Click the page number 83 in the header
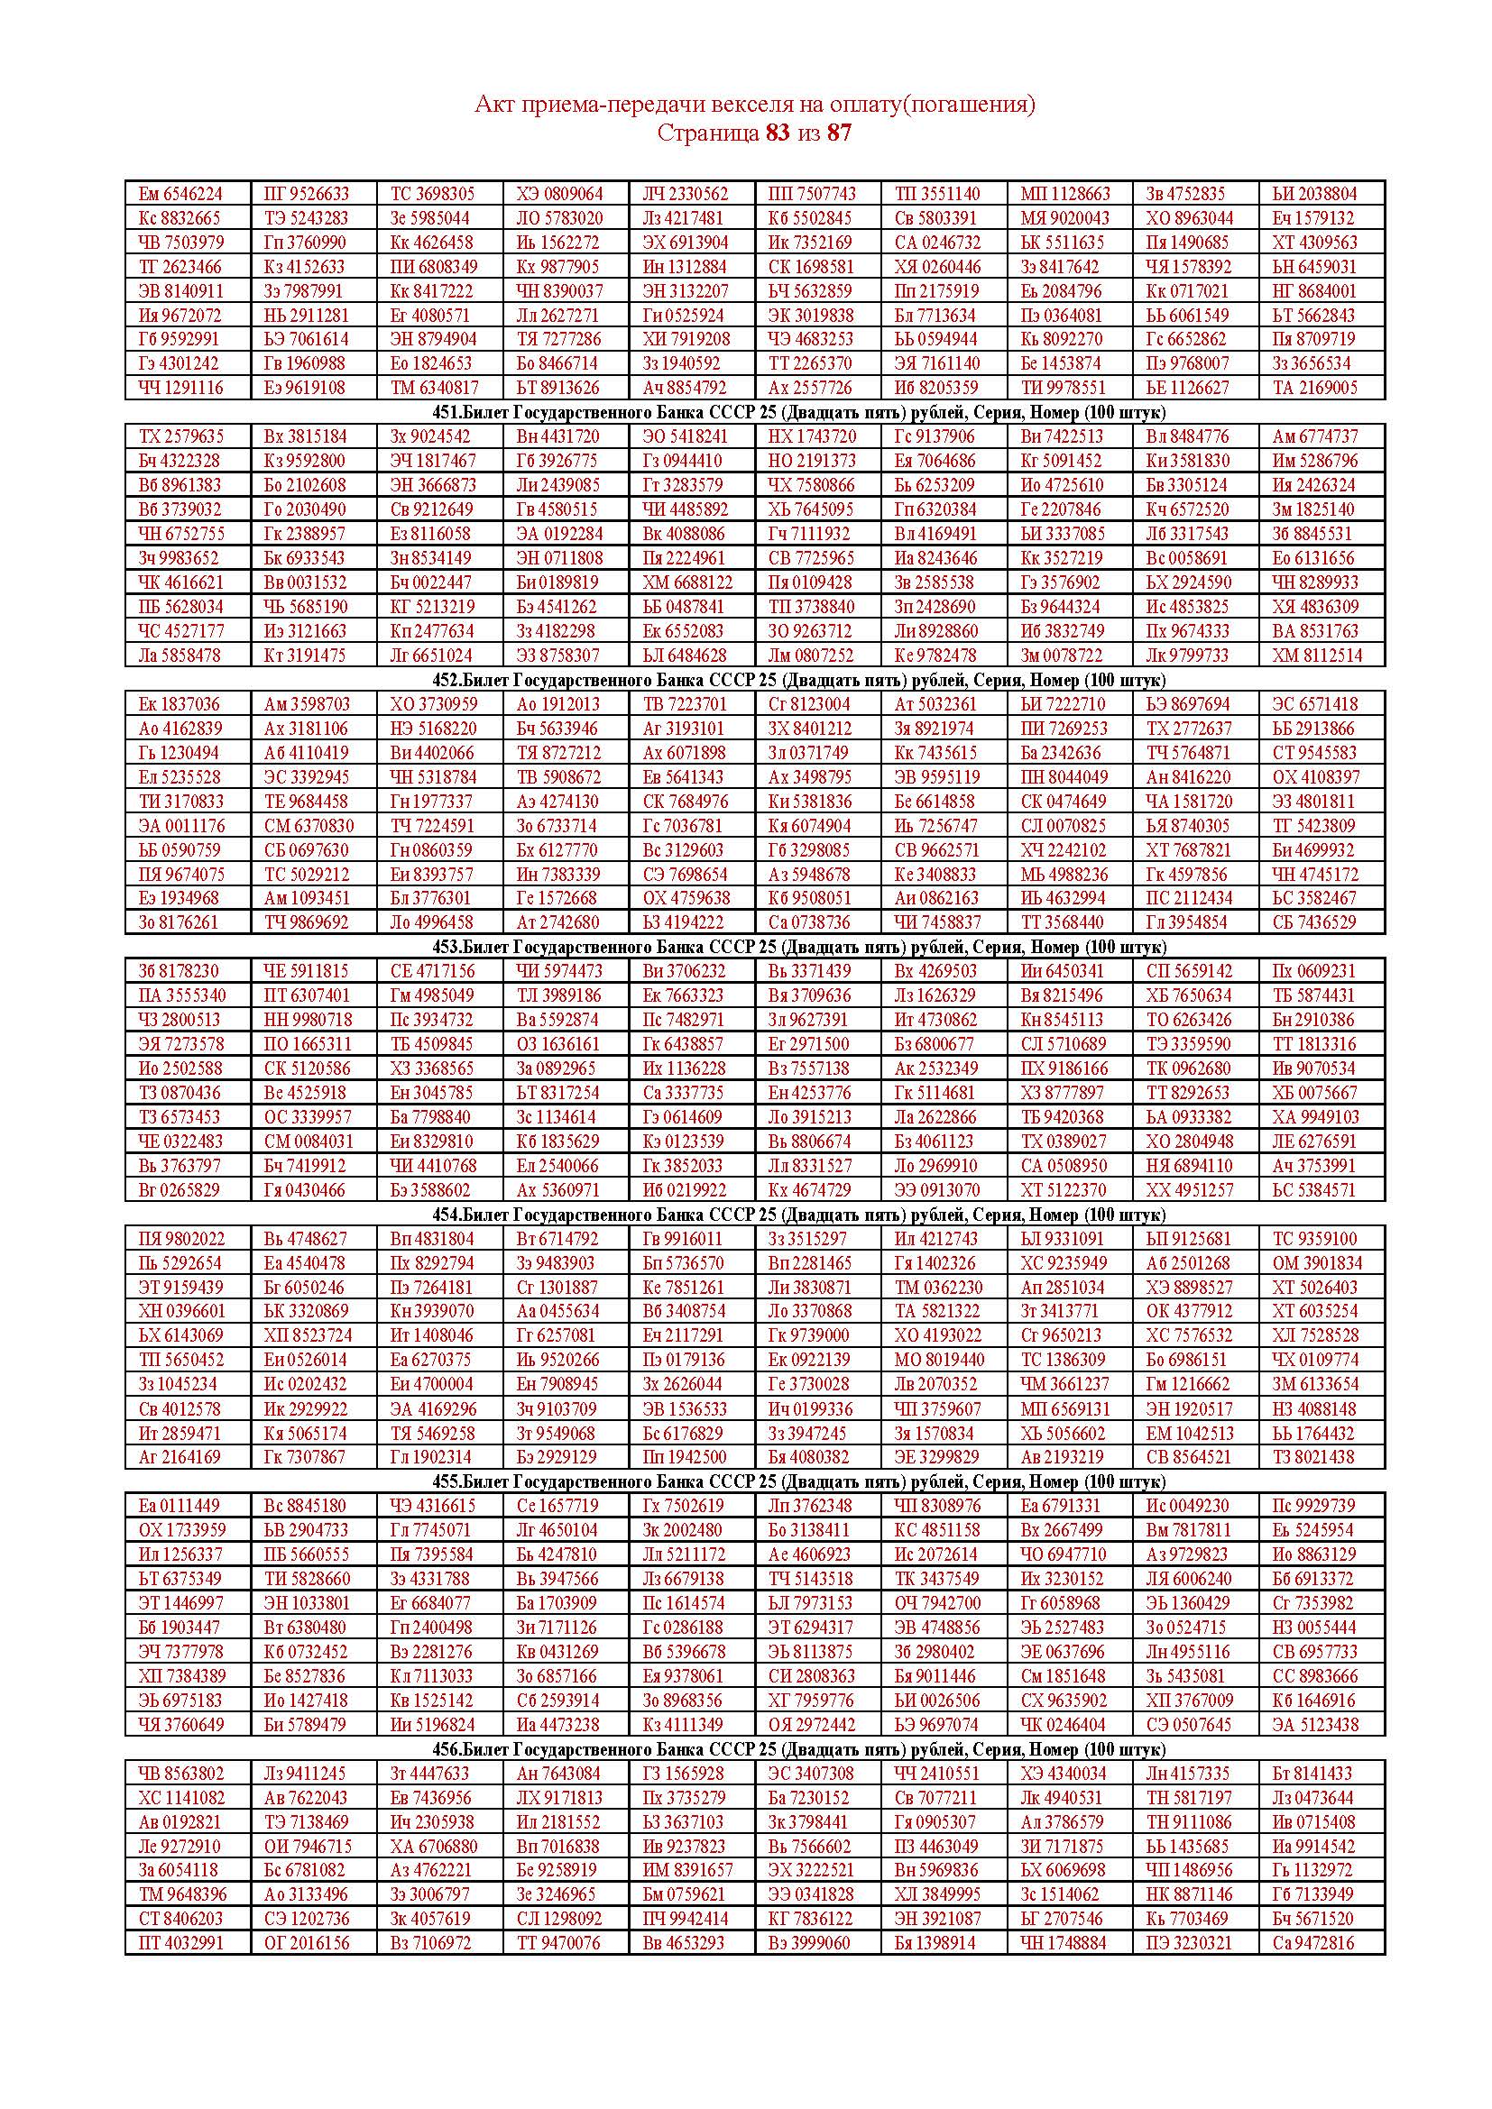[778, 133]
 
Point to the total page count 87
[839, 133]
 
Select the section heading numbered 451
[798, 412]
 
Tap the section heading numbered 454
[798, 1215]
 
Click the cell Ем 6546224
[181, 194]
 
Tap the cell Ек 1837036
[180, 704]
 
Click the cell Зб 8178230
[180, 971]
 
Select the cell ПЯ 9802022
[181, 1239]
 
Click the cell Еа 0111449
[180, 1506]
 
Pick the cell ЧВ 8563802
[181, 1774]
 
